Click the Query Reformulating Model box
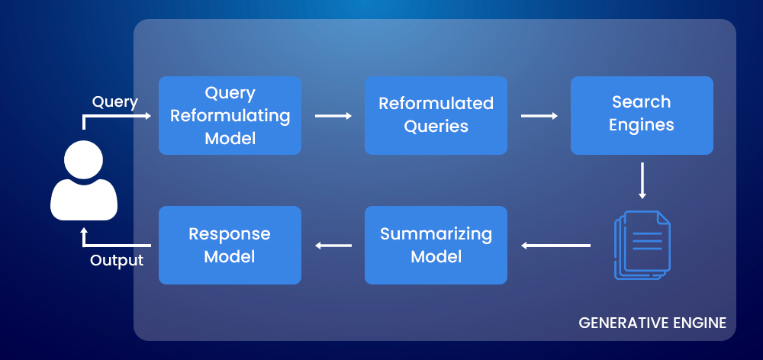[230, 115]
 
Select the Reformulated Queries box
[436, 115]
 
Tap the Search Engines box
[642, 115]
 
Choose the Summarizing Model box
[436, 245]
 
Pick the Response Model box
[230, 245]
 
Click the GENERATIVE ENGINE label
[652, 322]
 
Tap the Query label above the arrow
[114, 102]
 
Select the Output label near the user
[117, 261]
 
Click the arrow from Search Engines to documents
[642, 180]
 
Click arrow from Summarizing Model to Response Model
[333, 246]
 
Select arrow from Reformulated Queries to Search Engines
[539, 116]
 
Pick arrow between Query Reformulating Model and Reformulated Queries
[333, 116]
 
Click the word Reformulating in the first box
[230, 116]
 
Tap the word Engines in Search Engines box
[642, 125]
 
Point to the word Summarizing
[436, 234]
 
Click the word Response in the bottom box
[230, 234]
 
